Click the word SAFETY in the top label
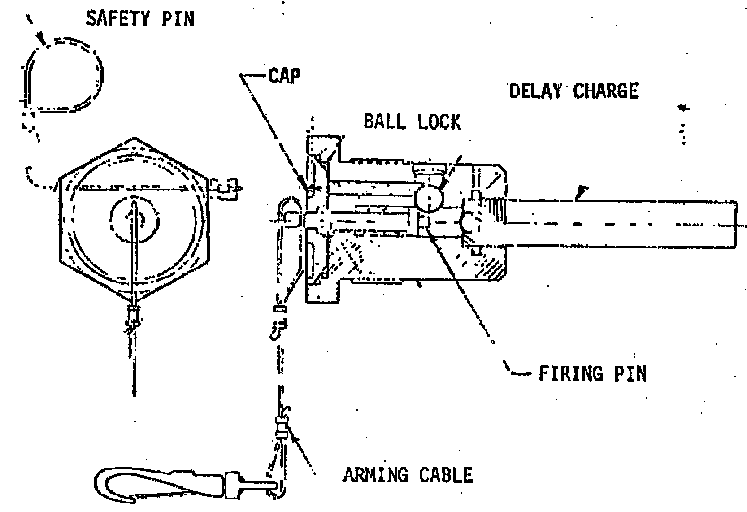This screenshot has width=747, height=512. coord(118,18)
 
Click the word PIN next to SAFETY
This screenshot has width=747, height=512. coord(178,18)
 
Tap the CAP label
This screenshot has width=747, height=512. coord(284,76)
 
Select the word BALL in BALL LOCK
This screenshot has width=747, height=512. coord(385,121)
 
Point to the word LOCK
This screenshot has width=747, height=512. coord(439,121)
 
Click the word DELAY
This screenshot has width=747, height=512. coord(535,91)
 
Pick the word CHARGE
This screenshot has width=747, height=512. coord(606,91)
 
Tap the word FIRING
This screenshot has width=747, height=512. coord(571,373)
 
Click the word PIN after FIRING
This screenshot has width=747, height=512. coord(630,373)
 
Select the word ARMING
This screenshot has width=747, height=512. coord(375,475)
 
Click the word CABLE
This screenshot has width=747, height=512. coord(446,475)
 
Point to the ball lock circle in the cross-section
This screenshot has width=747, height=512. coord(429,199)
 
